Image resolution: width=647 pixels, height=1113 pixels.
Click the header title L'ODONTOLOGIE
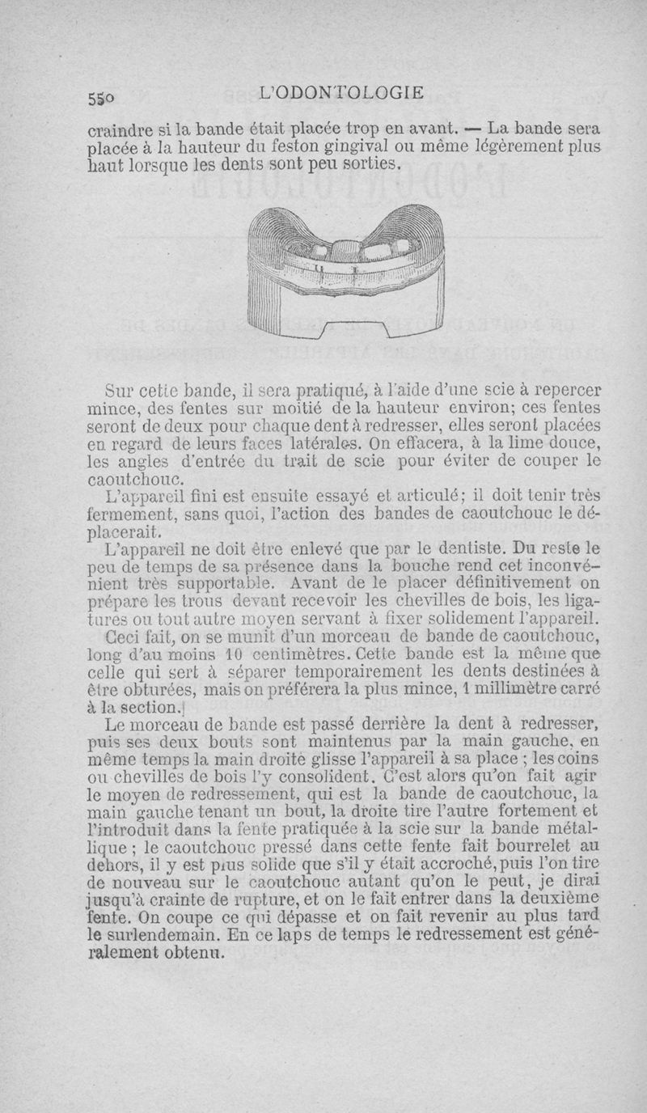pos(344,92)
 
